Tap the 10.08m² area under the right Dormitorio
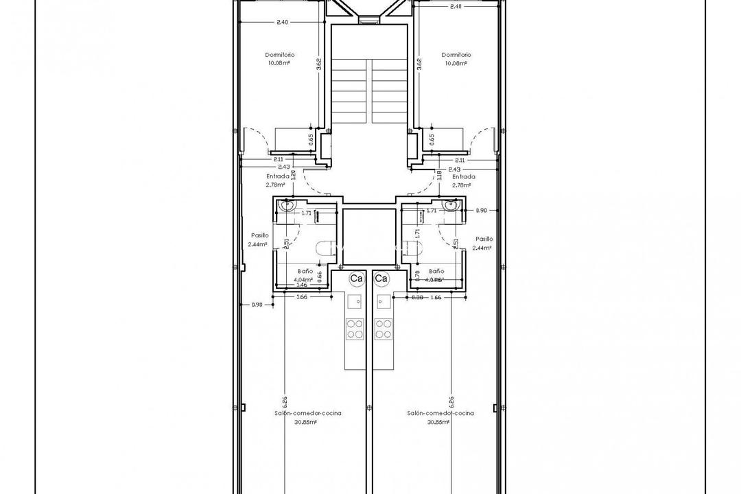[x=456, y=63]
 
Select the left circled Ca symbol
[x=356, y=279]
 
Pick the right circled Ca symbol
[x=381, y=279]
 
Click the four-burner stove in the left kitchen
[x=355, y=329]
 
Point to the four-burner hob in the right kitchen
[x=383, y=329]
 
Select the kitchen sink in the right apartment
[x=382, y=300]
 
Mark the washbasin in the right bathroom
[x=451, y=204]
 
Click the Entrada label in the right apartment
[x=464, y=176]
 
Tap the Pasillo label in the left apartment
[x=259, y=235]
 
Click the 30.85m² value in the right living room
[x=438, y=422]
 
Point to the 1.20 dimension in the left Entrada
[x=293, y=175]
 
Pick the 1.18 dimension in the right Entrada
[x=439, y=175]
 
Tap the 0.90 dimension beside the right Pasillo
[x=481, y=211]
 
